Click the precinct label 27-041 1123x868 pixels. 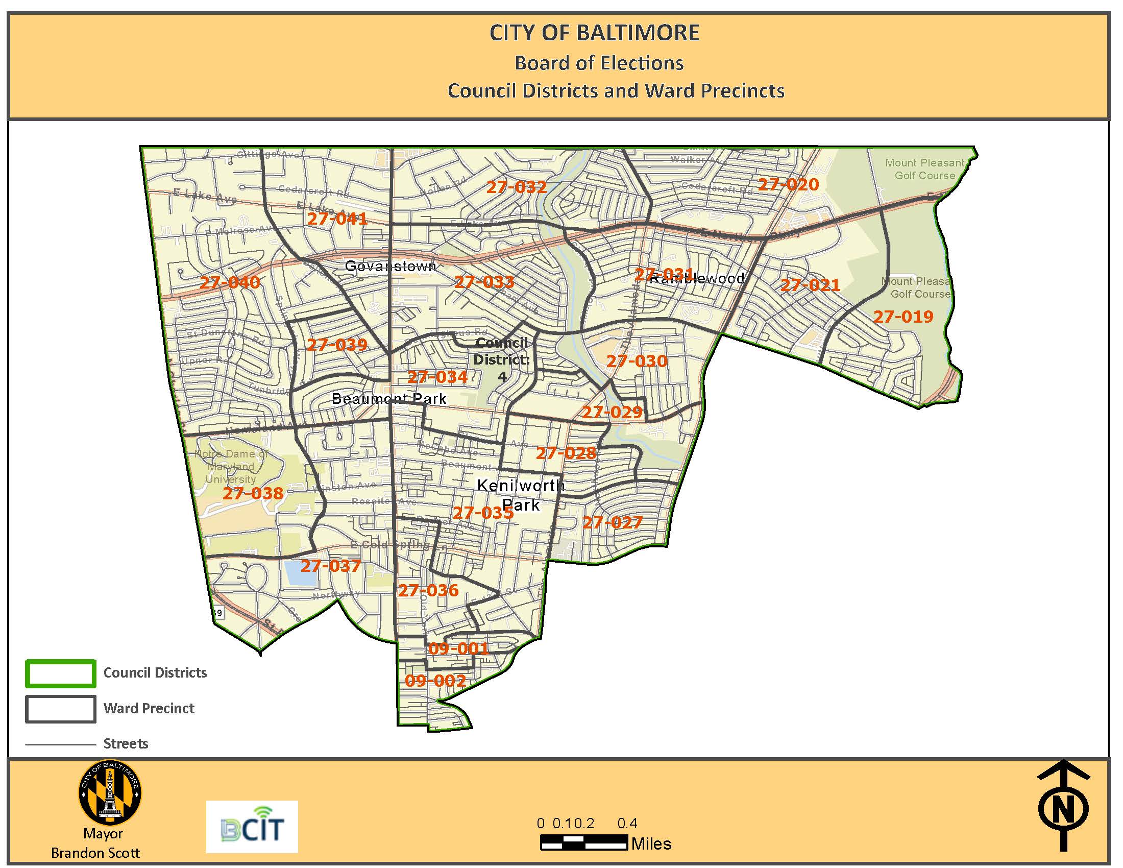(x=337, y=219)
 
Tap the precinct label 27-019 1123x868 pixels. (x=903, y=317)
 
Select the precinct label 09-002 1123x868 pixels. (x=435, y=681)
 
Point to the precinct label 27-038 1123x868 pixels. (x=253, y=494)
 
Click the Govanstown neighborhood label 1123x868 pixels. (x=390, y=266)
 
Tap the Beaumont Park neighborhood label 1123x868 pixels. (x=389, y=399)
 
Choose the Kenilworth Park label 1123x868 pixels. (x=520, y=495)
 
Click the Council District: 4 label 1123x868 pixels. (x=501, y=359)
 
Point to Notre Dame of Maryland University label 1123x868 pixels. (x=231, y=466)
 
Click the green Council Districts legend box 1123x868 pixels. (x=61, y=673)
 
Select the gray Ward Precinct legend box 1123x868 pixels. (x=61, y=709)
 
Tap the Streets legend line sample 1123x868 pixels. (x=61, y=744)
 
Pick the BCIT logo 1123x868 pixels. (x=252, y=827)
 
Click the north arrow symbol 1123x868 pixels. (x=1062, y=805)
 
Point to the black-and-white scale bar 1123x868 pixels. (x=583, y=843)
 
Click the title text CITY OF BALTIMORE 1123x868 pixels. (x=594, y=33)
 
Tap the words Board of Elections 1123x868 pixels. (x=599, y=63)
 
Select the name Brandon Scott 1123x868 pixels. (x=95, y=853)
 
